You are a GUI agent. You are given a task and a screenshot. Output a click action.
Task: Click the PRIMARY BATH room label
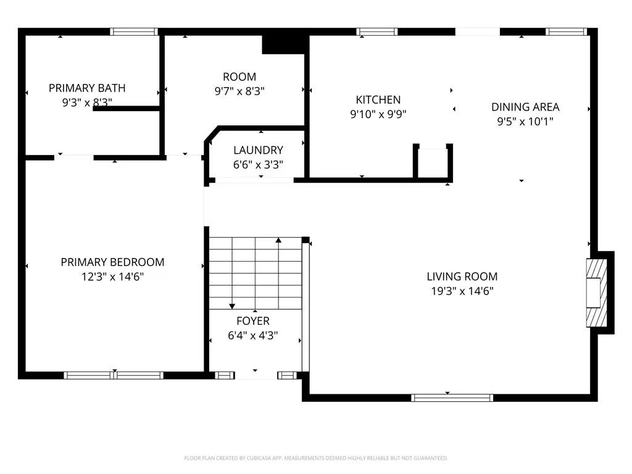tap(87, 88)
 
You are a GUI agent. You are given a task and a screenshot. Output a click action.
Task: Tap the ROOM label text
tap(239, 77)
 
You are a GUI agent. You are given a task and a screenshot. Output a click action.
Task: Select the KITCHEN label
tap(378, 99)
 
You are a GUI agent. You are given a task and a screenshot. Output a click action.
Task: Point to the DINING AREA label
tap(525, 107)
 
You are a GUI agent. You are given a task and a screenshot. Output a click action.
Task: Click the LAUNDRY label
tap(258, 150)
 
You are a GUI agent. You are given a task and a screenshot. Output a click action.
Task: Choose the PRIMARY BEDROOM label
tap(112, 262)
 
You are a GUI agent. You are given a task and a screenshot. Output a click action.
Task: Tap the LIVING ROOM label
tap(462, 276)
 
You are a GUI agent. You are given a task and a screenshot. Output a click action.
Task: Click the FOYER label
tap(252, 321)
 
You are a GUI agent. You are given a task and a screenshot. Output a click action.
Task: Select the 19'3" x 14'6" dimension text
tap(462, 291)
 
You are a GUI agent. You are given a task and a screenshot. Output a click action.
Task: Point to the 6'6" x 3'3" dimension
tap(258, 164)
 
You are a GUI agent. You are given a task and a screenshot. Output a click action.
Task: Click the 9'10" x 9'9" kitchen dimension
tap(378, 114)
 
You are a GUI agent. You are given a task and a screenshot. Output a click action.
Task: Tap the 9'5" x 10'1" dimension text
tap(525, 122)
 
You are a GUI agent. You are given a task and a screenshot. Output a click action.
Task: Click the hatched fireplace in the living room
tap(597, 293)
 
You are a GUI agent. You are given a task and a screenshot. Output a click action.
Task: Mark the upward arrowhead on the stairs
tap(278, 240)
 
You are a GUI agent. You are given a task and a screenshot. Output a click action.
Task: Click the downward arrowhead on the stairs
tap(232, 306)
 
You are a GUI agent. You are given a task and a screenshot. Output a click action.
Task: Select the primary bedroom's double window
tap(114, 376)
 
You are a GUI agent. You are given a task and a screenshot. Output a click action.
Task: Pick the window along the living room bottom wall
tap(452, 398)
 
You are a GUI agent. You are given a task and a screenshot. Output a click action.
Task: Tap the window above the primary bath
tap(134, 32)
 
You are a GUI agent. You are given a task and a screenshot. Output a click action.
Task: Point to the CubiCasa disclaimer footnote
tap(316, 458)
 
